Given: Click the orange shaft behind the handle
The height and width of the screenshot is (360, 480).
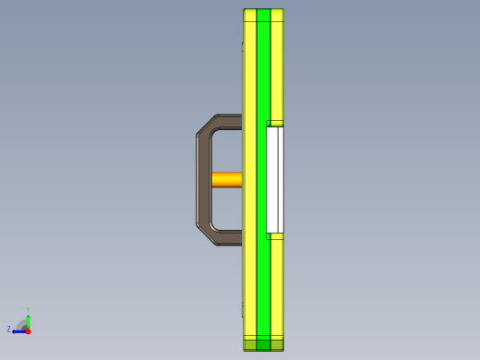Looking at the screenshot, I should (x=226, y=179).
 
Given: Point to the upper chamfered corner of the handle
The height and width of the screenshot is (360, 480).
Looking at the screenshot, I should (x=206, y=127).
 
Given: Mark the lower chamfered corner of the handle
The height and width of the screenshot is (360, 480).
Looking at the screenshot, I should (x=206, y=233).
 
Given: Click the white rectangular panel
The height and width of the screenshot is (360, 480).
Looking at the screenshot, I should (x=274, y=180).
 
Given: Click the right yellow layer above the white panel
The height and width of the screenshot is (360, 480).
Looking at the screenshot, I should (x=277, y=65).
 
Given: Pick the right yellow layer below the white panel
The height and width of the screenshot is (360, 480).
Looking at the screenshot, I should (x=277, y=286).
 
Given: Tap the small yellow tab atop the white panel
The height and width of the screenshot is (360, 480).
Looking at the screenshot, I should (x=274, y=124).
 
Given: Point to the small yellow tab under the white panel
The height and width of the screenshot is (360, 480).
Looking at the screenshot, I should (x=274, y=236).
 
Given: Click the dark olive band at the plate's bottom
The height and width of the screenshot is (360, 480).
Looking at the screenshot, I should (x=263, y=344).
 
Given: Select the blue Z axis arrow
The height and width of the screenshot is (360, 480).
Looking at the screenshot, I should (x=18, y=330).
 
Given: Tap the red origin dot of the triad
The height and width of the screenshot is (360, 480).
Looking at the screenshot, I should (x=28, y=330).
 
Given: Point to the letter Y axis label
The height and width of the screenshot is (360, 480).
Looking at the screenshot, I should (x=29, y=310).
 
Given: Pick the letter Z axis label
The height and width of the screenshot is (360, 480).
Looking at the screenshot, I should (x=9, y=330).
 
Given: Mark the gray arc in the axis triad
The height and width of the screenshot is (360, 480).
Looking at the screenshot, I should (x=21, y=324).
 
